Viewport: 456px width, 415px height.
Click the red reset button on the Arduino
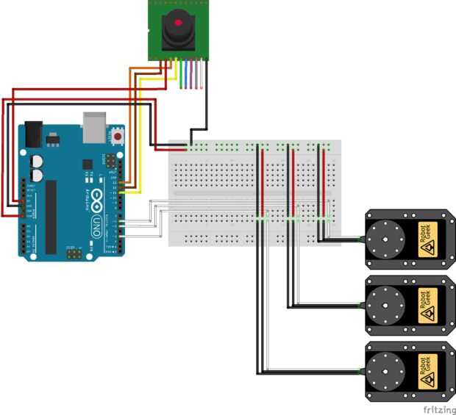pos(117,137)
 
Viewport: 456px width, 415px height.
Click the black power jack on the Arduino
pos(32,132)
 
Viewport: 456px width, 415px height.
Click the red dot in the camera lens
pos(177,23)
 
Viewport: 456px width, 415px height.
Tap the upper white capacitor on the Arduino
pos(36,159)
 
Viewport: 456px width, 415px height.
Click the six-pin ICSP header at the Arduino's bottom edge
pos(74,253)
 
